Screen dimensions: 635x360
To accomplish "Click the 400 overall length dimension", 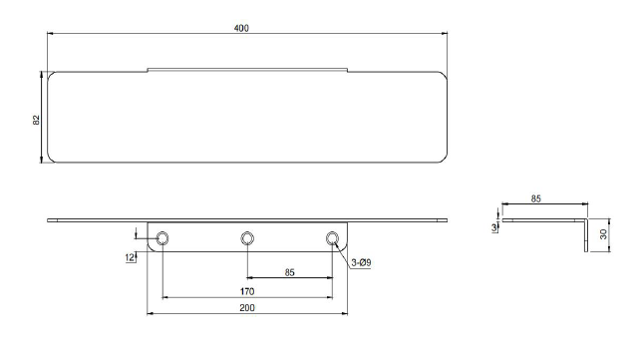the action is tap(241, 28).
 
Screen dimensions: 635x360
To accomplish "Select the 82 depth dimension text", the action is tap(37, 120).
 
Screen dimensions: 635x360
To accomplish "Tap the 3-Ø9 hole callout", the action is tap(361, 263).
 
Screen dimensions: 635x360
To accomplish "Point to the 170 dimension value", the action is tap(247, 291).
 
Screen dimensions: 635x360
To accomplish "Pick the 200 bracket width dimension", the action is tap(247, 308).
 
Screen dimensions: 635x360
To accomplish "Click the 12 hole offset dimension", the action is tap(130, 257).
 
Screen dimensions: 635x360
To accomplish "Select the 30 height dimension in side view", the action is tap(603, 234).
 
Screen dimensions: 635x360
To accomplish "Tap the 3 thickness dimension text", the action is tap(494, 228).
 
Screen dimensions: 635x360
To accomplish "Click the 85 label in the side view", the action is tap(535, 198).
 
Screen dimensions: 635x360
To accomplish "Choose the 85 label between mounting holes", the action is tap(289, 272).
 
